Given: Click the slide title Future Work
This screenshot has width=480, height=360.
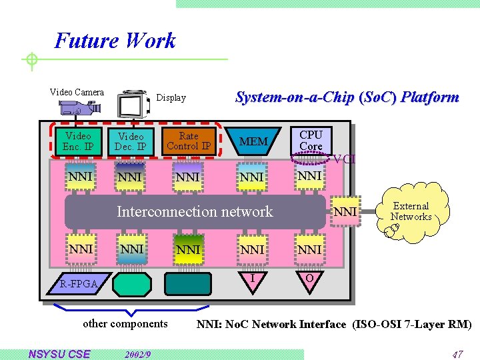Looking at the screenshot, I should click(x=115, y=41).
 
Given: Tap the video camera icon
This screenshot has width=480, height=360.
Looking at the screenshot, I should click(x=79, y=107).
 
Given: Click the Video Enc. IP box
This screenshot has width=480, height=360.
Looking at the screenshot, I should click(x=78, y=141).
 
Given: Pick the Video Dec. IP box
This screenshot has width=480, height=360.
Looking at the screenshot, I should click(x=131, y=141).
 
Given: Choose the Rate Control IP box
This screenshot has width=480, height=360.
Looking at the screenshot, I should click(x=189, y=141).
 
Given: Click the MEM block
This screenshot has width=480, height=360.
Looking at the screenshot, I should click(x=253, y=141).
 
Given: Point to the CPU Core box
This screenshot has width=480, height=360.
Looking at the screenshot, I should click(x=311, y=141).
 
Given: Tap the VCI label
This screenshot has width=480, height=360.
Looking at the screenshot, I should click(x=345, y=159).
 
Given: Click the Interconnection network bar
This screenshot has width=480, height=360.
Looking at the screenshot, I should click(x=195, y=212).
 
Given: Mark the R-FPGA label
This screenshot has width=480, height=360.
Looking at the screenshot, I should click(x=79, y=285).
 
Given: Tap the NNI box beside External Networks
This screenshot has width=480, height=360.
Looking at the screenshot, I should click(x=345, y=212).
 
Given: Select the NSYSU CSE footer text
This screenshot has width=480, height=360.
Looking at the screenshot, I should click(x=59, y=354).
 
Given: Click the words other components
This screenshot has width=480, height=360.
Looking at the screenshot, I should click(x=125, y=324).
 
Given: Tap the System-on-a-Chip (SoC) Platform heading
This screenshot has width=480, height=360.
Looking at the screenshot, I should click(x=347, y=97).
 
